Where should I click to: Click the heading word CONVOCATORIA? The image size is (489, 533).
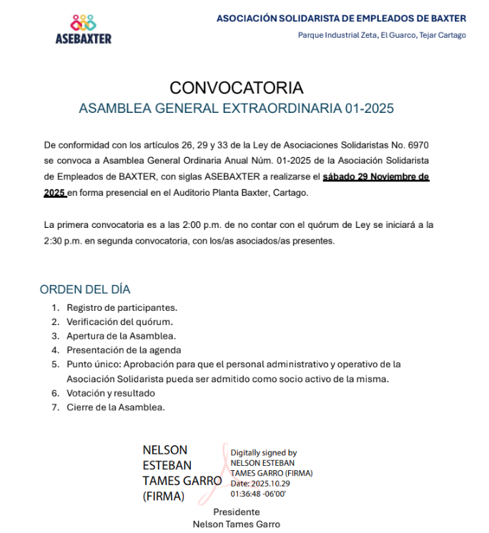click(237, 88)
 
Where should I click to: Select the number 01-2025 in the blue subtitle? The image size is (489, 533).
click(369, 109)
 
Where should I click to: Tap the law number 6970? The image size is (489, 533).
click(417, 145)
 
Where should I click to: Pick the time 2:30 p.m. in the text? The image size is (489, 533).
click(62, 241)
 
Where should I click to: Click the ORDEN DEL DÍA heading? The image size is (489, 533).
click(85, 289)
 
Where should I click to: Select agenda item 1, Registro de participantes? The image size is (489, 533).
click(122, 307)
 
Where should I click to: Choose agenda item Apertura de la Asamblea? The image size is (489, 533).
click(122, 336)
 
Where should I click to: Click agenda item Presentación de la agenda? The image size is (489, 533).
click(124, 350)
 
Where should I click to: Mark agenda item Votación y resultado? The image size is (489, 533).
click(111, 393)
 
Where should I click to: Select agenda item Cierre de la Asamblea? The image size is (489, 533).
click(116, 407)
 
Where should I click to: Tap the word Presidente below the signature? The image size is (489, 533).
click(236, 512)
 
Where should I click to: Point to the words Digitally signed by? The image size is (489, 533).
click(263, 453)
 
